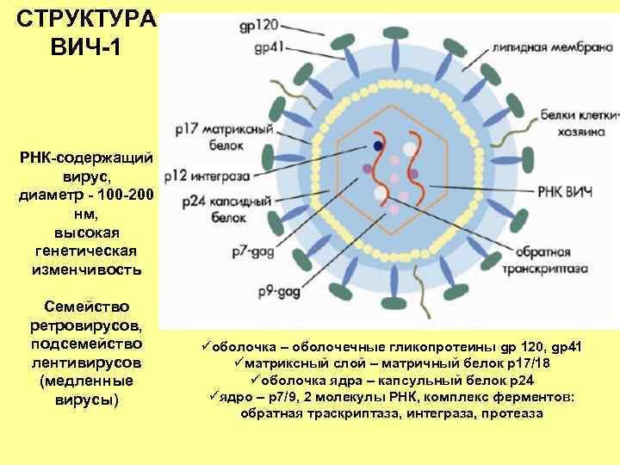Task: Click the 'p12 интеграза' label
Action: pyautogui.click(x=216, y=174)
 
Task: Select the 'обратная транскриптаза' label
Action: pyautogui.click(x=553, y=260)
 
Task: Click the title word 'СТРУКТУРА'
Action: pyautogui.click(x=86, y=19)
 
